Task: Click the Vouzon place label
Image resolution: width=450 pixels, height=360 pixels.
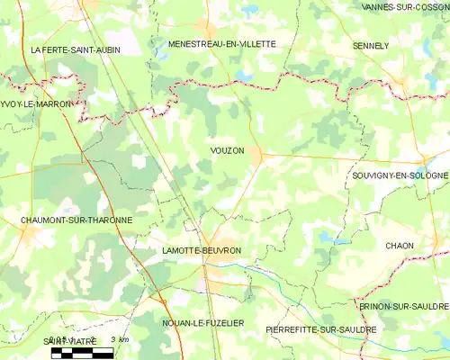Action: pyautogui.click(x=226, y=151)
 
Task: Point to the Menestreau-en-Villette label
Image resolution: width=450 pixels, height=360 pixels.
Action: pyautogui.click(x=221, y=43)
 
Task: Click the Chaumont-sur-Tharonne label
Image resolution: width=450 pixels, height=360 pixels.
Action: pyautogui.click(x=76, y=220)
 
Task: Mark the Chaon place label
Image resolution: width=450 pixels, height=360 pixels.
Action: pyautogui.click(x=400, y=246)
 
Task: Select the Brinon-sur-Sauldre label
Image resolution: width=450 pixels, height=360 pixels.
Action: pyautogui.click(x=403, y=306)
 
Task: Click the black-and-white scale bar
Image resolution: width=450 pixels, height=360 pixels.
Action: pyautogui.click(x=82, y=353)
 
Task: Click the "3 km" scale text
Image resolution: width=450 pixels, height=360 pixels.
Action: pyautogui.click(x=119, y=339)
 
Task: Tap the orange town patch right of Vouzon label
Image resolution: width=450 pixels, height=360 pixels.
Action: pyautogui.click(x=259, y=156)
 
